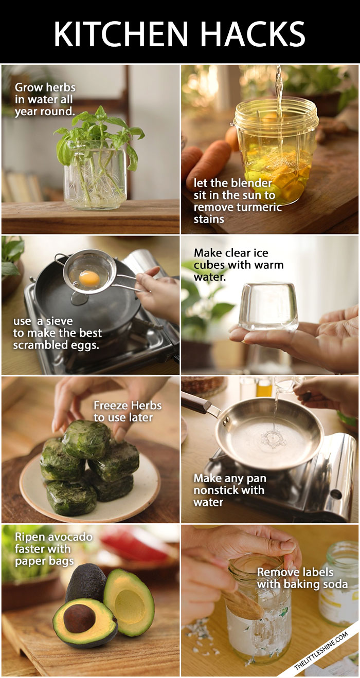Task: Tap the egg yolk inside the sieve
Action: (89, 278)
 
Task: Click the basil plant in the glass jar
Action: (98, 134)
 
